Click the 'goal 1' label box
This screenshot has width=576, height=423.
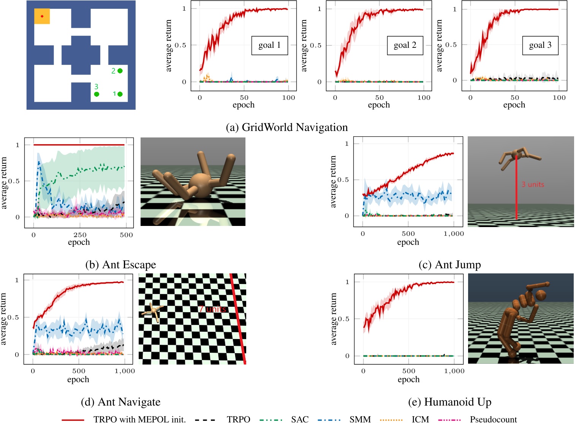pyautogui.click(x=269, y=46)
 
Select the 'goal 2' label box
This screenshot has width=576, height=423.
pyautogui.click(x=405, y=46)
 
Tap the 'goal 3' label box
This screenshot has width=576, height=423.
pyautogui.click(x=540, y=46)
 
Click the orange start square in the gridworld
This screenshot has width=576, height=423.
pyautogui.click(x=42, y=16)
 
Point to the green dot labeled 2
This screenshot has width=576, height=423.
pyautogui.click(x=120, y=71)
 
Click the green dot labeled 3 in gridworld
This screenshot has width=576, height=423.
pyautogui.click(x=97, y=94)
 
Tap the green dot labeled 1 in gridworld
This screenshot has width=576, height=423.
pyautogui.click(x=120, y=94)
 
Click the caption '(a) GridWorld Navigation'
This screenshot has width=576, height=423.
pyautogui.click(x=286, y=127)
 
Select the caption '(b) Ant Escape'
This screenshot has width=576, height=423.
pyautogui.click(x=120, y=265)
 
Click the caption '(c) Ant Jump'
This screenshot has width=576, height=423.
pyautogui.click(x=449, y=265)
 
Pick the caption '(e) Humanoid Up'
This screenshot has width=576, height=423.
pyautogui.click(x=449, y=402)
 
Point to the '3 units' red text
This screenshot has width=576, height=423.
pyautogui.click(x=533, y=185)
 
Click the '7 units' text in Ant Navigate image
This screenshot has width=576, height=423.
pyautogui.click(x=213, y=309)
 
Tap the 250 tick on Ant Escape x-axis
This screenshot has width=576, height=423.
pyautogui.click(x=80, y=235)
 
